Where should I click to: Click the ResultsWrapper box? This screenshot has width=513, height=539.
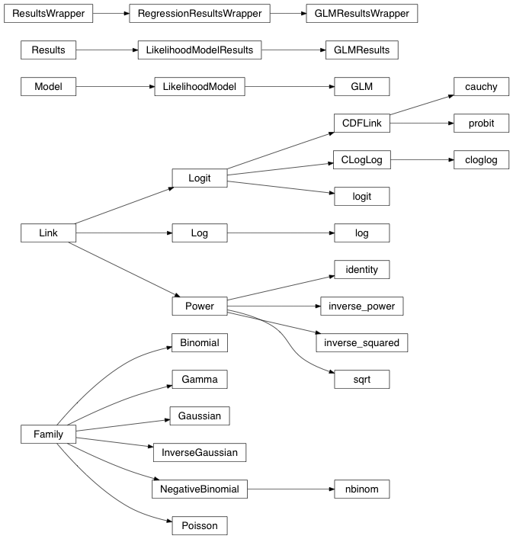coord(48,13)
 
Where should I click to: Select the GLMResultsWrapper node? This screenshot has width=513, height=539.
coord(361,13)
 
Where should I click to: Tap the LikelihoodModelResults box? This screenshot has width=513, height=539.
coord(199,50)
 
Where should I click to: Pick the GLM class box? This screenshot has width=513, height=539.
coord(361,87)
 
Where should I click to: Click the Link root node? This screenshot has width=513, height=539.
coord(48,233)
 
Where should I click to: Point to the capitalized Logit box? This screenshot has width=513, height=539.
coord(199,178)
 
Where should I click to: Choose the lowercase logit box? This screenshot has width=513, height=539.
coord(361,197)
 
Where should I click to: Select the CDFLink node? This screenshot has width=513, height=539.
coord(361,124)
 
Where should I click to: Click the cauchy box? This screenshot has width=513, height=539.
coord(481,87)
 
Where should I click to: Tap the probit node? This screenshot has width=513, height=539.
coord(481,124)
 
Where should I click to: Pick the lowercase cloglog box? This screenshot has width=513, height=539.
coord(481,160)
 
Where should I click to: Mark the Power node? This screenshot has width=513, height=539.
coord(199,306)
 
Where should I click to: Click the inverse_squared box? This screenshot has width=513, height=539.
coord(361,343)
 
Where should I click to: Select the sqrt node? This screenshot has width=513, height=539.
coord(361,380)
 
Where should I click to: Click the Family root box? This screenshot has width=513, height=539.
coord(48,435)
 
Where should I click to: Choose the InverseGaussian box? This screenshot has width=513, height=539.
coord(199,453)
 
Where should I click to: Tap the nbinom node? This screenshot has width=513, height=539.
coord(361,489)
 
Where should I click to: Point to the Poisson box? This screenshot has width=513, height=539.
coord(199,526)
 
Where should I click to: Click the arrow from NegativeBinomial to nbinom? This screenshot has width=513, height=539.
coord(290,489)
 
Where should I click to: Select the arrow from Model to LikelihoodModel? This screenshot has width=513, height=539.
coord(114,87)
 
